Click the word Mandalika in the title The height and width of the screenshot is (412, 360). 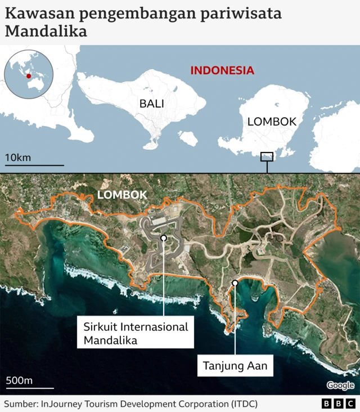click(46, 32)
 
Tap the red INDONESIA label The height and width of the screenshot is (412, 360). click(222, 70)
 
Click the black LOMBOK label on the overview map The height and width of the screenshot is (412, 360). click(272, 121)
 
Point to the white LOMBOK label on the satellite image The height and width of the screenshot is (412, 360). click(122, 195)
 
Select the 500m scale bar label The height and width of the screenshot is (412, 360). click(20, 380)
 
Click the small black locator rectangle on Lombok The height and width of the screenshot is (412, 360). click(267, 157)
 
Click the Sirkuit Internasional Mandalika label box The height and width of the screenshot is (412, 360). click(136, 333)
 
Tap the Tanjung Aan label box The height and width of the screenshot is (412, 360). click(235, 367)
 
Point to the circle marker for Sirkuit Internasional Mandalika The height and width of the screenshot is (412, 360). click(164, 238)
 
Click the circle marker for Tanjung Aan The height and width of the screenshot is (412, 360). click(235, 283)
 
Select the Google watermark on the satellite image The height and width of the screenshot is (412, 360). click(340, 386)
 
